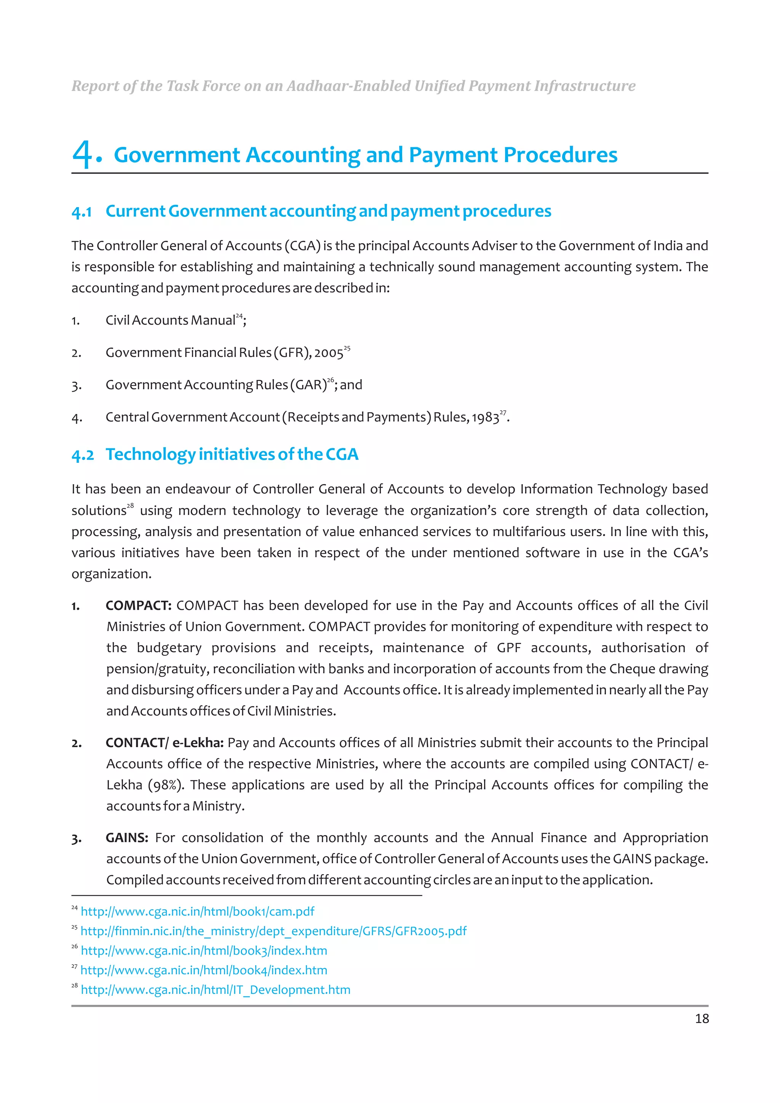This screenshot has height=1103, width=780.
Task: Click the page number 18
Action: (x=701, y=1019)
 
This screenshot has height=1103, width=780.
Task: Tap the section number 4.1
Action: (x=82, y=212)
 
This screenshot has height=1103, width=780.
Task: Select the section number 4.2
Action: (x=83, y=455)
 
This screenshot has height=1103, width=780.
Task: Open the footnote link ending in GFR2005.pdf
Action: (x=273, y=931)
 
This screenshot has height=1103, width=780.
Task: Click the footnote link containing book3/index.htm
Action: (x=204, y=951)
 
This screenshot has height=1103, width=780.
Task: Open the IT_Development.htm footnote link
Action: (x=215, y=990)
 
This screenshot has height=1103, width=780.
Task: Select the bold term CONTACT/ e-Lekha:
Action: (x=165, y=743)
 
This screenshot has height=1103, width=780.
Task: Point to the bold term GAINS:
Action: (x=127, y=838)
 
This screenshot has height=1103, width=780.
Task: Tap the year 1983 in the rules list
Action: (x=485, y=418)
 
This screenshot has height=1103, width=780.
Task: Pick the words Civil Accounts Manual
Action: (x=170, y=320)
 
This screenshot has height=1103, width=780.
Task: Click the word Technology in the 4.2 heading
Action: (x=150, y=454)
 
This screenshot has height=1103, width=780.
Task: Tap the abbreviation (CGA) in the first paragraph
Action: (x=302, y=246)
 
